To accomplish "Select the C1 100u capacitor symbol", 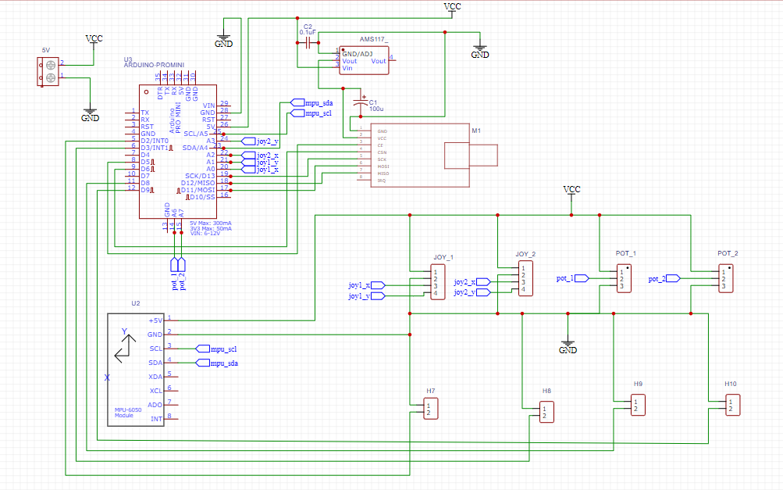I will tap(360, 102).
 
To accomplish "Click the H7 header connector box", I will tap(430, 408).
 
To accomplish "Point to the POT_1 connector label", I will tap(626, 254).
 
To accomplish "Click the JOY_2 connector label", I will tap(525, 254).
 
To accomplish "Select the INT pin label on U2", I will tap(156, 419).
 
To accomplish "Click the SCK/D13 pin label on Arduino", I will tap(200, 175).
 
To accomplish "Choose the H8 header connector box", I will tap(547, 411).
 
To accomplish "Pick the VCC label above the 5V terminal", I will tap(94, 38).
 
